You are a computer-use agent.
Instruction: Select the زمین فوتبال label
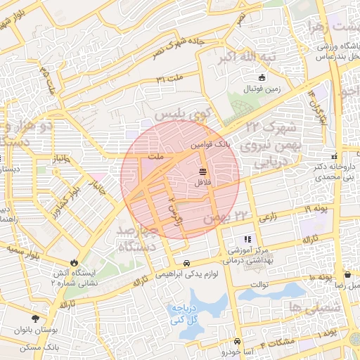click(x=262, y=89)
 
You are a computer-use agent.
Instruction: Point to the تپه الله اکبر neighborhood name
click(x=246, y=56)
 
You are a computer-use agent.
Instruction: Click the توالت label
click(x=260, y=285)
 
